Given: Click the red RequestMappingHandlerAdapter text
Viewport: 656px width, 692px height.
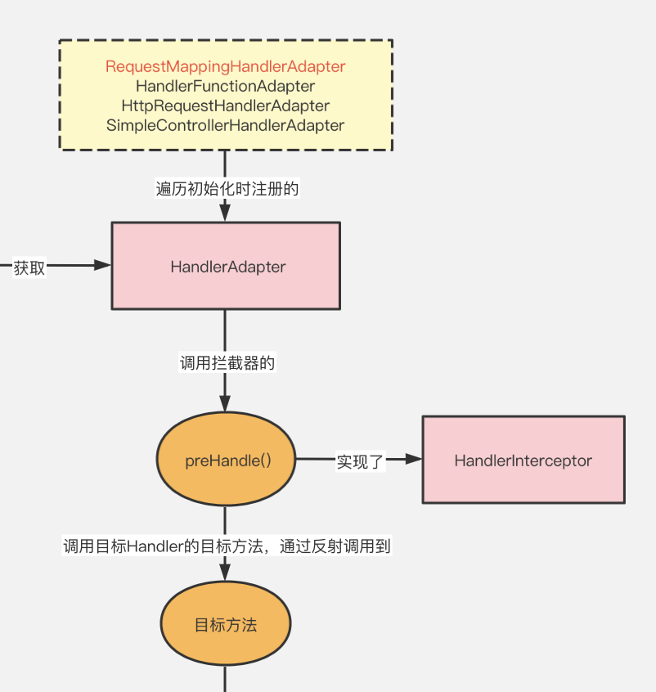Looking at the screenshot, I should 226,66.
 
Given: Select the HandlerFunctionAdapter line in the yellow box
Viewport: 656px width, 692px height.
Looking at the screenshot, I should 226,86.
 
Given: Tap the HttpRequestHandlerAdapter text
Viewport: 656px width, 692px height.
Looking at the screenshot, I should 226,106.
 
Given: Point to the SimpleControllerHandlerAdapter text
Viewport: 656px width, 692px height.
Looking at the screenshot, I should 226,125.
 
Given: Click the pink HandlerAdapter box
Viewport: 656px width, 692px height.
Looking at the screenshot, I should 226,266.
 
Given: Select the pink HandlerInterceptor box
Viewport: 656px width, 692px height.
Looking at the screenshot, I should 523,460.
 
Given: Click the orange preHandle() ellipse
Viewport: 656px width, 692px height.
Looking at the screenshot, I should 226,460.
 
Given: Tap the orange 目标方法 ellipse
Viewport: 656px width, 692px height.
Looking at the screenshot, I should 226,625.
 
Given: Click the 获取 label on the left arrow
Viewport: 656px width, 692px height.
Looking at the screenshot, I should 29,267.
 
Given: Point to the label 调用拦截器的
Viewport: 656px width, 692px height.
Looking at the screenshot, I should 227,363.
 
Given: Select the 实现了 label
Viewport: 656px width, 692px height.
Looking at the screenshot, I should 361,461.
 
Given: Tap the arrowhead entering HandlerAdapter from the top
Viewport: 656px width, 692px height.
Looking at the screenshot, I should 226,213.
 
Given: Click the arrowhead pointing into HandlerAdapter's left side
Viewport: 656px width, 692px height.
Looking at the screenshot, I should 102,265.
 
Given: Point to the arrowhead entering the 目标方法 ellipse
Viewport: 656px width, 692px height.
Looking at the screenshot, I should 226,572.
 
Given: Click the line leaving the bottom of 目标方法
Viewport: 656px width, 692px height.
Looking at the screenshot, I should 226,679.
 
